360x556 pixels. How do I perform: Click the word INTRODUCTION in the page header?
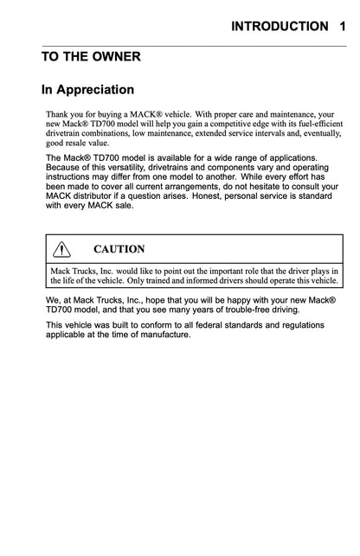click(280, 27)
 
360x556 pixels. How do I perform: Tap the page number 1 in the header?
click(344, 27)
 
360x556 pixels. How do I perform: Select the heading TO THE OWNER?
click(92, 57)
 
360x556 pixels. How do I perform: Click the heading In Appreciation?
click(88, 89)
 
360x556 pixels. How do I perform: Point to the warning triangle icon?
click(61, 249)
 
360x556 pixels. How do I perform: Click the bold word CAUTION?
click(119, 249)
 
